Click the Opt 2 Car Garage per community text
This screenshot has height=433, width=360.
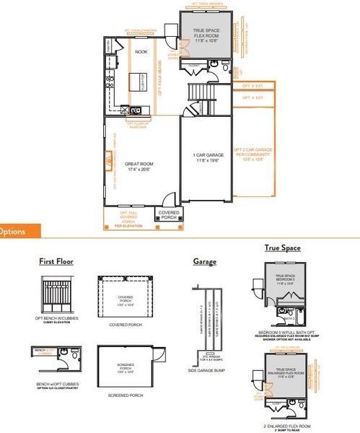point(251,156)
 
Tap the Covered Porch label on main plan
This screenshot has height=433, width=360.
point(169,214)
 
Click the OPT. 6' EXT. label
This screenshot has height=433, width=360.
point(252,86)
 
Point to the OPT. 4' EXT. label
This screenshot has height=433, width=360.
point(252,97)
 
